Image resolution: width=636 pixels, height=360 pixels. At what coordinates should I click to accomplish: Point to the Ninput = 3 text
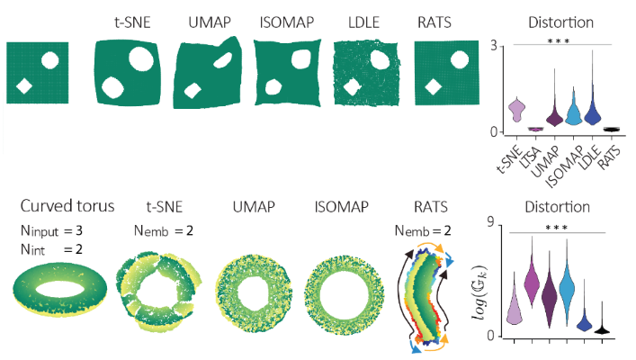pyautogui.click(x=56, y=230)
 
